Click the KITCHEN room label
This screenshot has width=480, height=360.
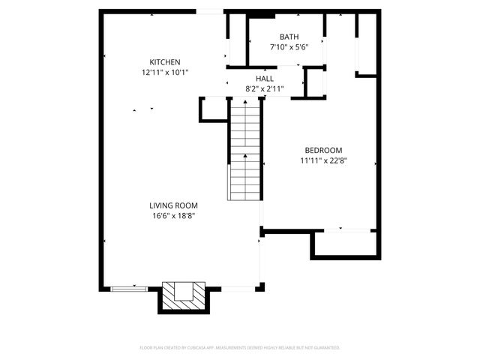[x=164, y=62]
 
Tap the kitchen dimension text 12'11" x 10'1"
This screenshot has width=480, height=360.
[x=164, y=73]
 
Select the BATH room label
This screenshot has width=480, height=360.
[x=289, y=37]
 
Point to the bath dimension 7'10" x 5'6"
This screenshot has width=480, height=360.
[x=289, y=47]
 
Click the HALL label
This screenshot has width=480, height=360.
[x=264, y=78]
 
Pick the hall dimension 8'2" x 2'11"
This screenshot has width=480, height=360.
[x=264, y=88]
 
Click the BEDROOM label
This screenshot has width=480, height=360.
[x=323, y=149]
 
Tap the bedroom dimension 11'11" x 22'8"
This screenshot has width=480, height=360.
[x=323, y=160]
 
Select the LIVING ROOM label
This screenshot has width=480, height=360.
[x=173, y=205]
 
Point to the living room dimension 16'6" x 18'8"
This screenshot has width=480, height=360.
[x=173, y=216]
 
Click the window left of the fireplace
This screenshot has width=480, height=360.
[x=128, y=288]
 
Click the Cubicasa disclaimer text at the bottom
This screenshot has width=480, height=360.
[x=240, y=348]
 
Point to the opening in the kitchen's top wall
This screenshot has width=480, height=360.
[x=210, y=11]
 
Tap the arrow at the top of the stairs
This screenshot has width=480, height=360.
[x=244, y=103]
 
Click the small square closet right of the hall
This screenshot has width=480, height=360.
[x=314, y=82]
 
